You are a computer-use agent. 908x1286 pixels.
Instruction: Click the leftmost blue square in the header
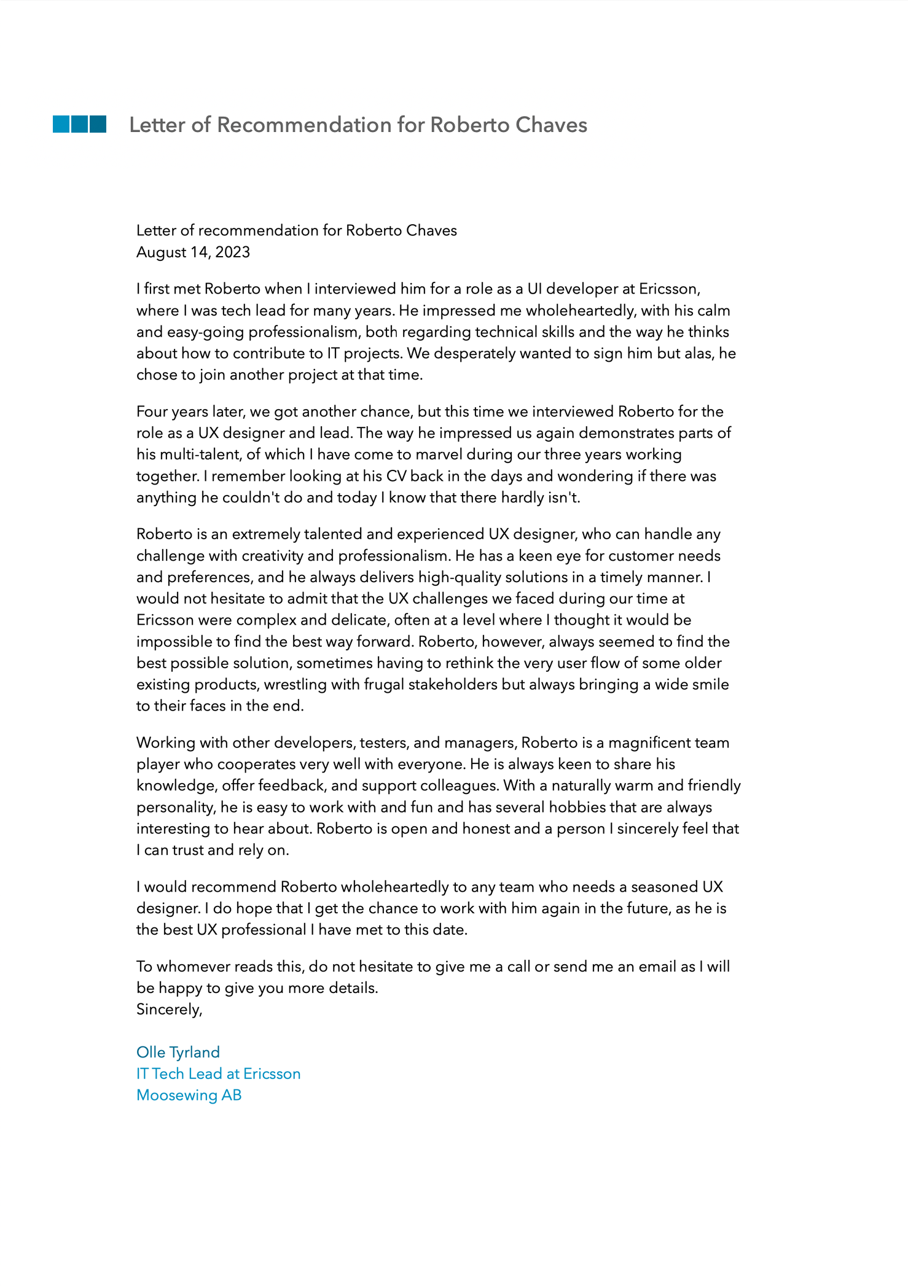tap(61, 124)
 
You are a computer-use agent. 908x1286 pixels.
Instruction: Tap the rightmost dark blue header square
tap(98, 124)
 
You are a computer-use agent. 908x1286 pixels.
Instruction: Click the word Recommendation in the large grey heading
tap(304, 125)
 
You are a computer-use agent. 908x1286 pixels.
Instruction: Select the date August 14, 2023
tap(193, 252)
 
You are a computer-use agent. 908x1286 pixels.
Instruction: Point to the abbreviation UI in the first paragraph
tap(534, 289)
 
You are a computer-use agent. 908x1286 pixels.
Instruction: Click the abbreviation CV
tap(396, 476)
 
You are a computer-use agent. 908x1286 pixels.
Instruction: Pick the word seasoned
tap(664, 887)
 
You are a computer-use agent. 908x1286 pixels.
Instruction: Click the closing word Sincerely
tap(169, 1010)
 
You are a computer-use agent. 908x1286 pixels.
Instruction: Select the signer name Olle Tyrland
tap(178, 1053)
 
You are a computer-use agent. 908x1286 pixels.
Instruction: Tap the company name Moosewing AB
tap(189, 1096)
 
